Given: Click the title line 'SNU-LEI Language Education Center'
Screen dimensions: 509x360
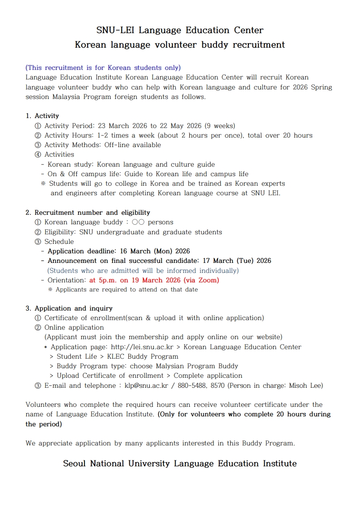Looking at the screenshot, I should click(180, 30).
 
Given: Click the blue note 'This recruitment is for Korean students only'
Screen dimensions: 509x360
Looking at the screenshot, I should click(103, 68).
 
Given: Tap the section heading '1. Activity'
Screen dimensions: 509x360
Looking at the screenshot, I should click(42, 116).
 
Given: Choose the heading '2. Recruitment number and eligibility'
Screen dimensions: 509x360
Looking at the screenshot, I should click(88, 212).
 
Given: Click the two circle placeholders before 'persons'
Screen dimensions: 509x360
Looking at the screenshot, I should click(138, 222).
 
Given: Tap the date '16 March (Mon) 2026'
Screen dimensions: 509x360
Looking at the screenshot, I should click(153, 251).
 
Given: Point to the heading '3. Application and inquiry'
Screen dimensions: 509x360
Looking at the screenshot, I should click(69, 308).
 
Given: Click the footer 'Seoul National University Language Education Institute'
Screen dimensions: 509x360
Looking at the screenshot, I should click(180, 464).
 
